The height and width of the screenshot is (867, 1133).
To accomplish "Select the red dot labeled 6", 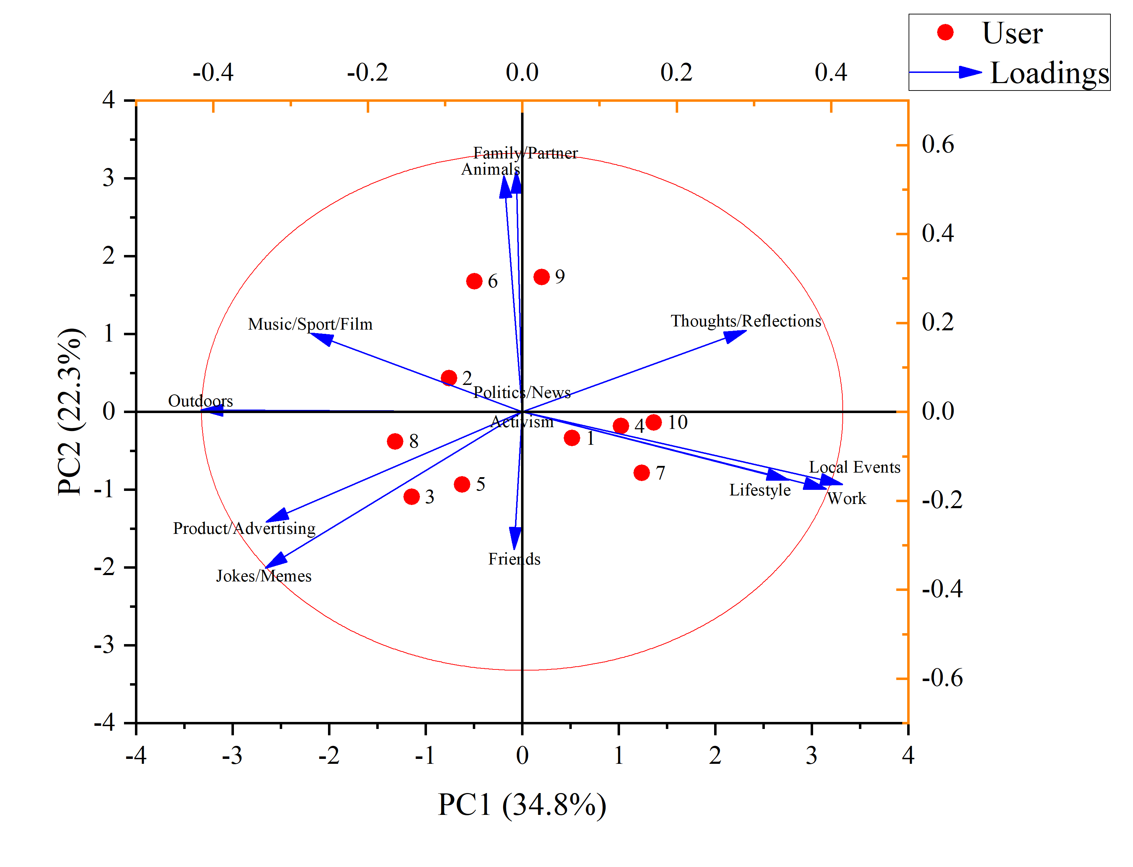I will click(474, 281).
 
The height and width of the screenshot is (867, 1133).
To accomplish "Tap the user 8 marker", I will click(395, 441).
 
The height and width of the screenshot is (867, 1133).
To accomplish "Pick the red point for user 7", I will click(641, 473).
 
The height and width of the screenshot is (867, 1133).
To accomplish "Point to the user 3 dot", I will click(411, 497).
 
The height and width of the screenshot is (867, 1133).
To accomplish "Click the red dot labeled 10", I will click(654, 423).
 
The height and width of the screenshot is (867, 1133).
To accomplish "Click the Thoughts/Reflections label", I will click(745, 321).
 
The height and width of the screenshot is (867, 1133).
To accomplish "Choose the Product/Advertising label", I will click(244, 529).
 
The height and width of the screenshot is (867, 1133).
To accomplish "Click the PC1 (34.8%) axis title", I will click(521, 805).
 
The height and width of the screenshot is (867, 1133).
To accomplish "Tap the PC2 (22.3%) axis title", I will click(70, 411).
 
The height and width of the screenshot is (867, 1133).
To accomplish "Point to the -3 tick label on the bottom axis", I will click(232, 756).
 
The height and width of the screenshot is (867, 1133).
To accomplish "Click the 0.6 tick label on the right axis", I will click(937, 144).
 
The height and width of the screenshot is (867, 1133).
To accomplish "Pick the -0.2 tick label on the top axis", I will click(367, 72).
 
